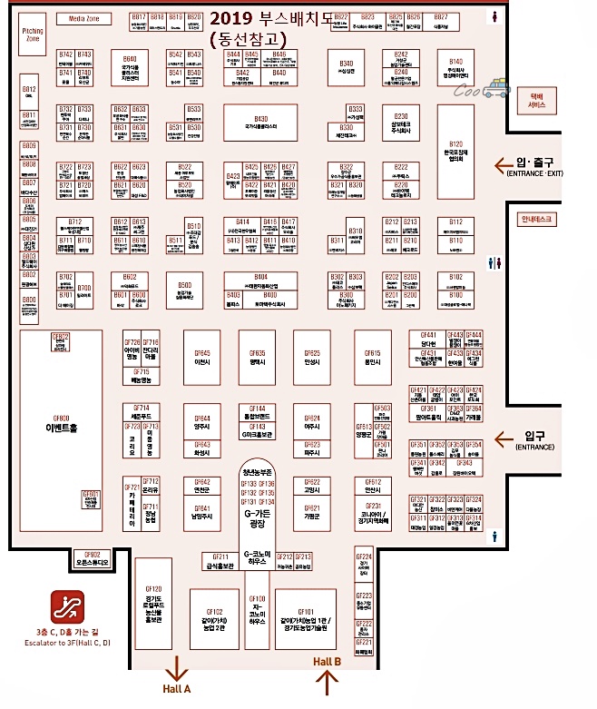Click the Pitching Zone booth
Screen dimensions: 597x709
(33, 34)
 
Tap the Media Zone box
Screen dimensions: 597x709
(84, 18)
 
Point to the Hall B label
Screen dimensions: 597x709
(327, 662)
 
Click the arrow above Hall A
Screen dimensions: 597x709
(176, 667)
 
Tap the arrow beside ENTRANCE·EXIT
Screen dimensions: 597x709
(499, 164)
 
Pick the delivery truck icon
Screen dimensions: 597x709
(496, 88)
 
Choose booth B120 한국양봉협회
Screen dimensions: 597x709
(455, 150)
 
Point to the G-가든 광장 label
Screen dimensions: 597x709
(259, 517)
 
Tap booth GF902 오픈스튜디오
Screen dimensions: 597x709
(92, 558)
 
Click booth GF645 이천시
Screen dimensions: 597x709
(201, 357)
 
